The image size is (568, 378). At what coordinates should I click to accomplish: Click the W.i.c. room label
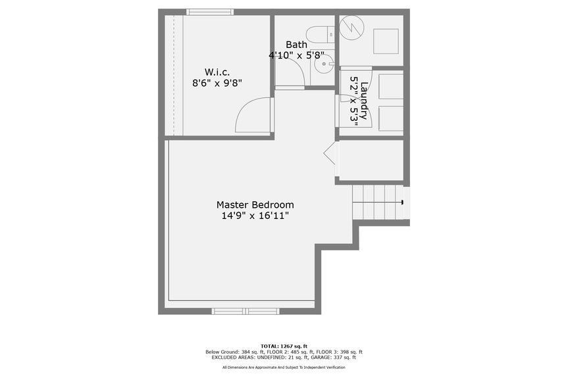[217, 72]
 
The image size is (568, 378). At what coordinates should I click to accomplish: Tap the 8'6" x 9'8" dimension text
[217, 83]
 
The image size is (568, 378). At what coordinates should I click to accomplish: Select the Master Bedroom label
[255, 204]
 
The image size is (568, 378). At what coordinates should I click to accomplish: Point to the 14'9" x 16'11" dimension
[255, 215]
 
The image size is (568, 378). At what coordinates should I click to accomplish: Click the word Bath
[296, 45]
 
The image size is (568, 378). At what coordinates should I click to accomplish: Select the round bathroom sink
[324, 64]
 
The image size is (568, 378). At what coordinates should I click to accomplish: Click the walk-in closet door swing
[253, 115]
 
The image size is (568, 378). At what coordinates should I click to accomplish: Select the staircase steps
[376, 202]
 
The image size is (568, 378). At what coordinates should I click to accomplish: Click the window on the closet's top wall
[209, 12]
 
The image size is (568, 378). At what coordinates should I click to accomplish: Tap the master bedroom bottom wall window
[245, 310]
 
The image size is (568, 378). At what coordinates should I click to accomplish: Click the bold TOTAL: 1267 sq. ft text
[284, 346]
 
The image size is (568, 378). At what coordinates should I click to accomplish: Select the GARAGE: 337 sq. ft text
[336, 358]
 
